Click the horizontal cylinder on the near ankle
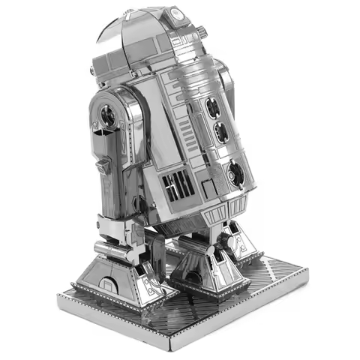(x=109, y=248)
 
